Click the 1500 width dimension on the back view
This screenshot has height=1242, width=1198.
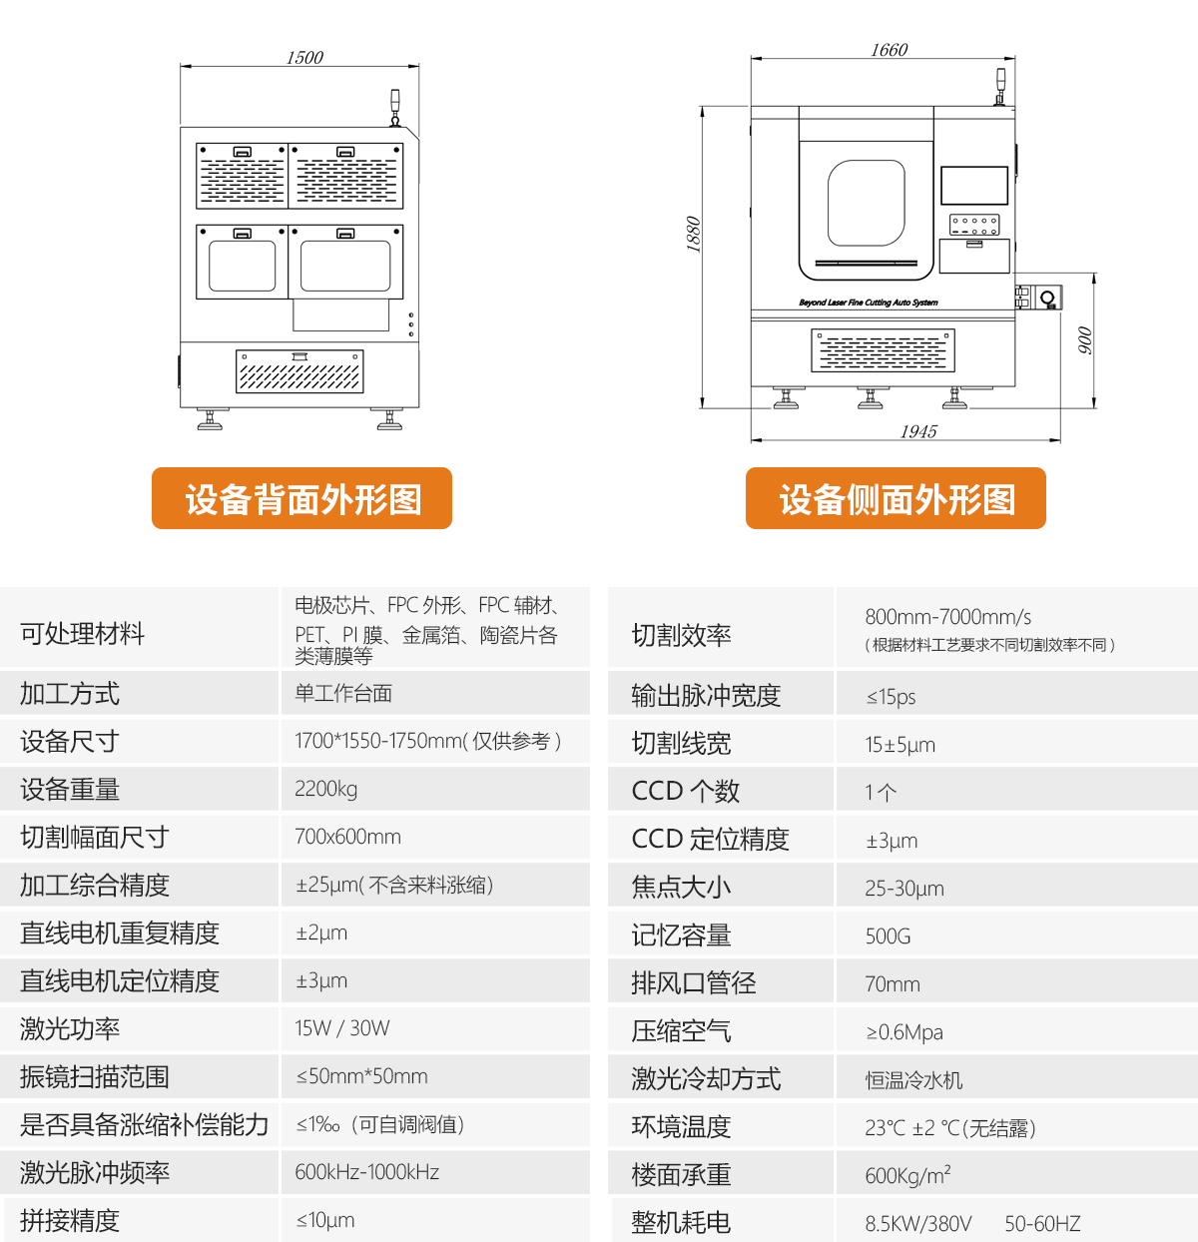[304, 58]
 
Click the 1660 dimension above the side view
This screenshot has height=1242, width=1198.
[889, 50]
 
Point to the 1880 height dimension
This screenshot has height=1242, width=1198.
[693, 235]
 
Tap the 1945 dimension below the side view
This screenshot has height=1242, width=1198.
[918, 431]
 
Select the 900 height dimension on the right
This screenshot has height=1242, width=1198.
[1085, 340]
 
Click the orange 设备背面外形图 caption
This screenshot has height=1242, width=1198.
[301, 498]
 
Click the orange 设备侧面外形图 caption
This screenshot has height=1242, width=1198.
[896, 498]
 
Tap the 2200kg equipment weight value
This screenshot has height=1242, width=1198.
[325, 789]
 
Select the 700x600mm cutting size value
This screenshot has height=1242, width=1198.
[347, 837]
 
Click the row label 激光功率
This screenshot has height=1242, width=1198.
[70, 1028]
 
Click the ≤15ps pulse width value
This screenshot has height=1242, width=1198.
[891, 697]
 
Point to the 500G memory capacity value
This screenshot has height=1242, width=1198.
[888, 936]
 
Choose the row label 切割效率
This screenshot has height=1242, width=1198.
[681, 635]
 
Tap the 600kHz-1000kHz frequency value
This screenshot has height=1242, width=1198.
[366, 1172]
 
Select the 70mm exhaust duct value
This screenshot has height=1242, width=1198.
[892, 984]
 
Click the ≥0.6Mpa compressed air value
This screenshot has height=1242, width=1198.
[903, 1032]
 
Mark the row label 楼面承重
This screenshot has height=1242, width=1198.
[681, 1175]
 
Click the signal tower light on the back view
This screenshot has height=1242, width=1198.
[394, 106]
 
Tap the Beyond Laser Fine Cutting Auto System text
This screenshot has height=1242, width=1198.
[868, 303]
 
